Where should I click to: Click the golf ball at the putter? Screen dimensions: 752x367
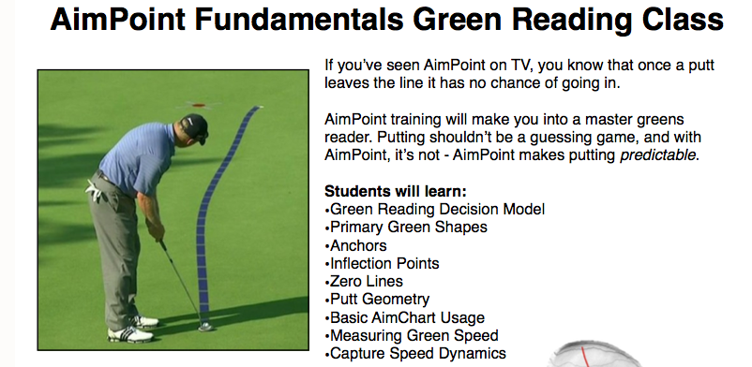[205, 327]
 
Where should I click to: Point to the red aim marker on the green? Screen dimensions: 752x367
[199, 105]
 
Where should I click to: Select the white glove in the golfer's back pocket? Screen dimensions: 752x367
[95, 191]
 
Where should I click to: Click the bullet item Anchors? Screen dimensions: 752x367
[355, 245]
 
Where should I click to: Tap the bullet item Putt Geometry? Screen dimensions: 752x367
[377, 300]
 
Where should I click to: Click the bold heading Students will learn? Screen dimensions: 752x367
[395, 191]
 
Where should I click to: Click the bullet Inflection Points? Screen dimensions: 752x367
[382, 263]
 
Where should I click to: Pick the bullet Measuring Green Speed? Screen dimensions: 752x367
[412, 335]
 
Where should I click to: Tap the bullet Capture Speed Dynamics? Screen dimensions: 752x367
[415, 354]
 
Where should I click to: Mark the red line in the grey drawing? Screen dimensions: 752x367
[585, 357]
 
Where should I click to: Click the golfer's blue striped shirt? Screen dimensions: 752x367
[137, 157]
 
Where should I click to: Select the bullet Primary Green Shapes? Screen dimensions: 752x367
[406, 228]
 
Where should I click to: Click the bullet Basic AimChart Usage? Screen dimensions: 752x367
[405, 317]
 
